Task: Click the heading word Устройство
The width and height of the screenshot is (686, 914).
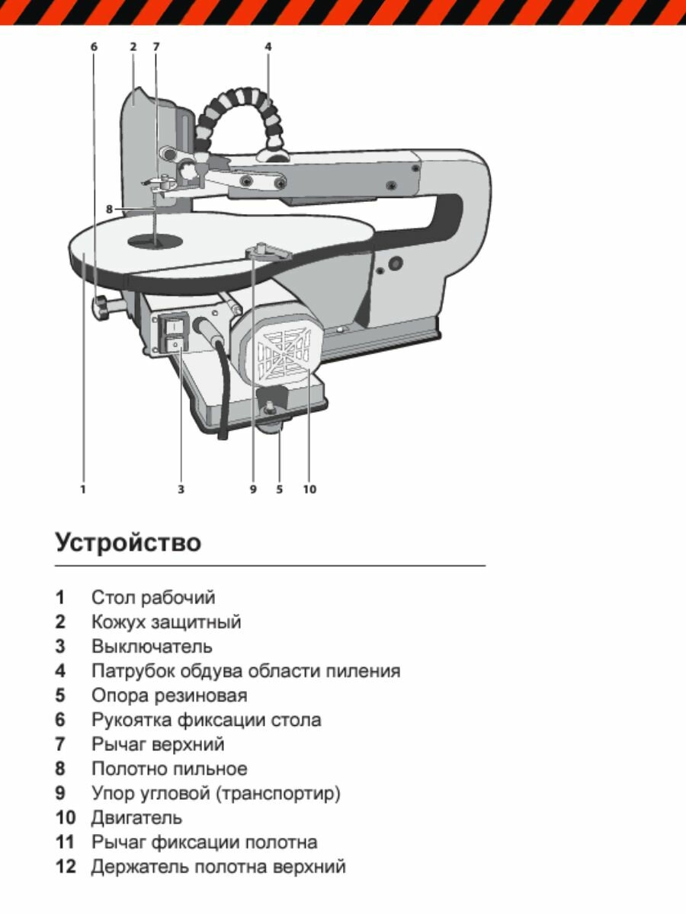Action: tap(128, 543)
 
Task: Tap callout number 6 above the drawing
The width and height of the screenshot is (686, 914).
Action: tap(94, 46)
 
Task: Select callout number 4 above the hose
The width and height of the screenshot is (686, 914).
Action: tap(268, 46)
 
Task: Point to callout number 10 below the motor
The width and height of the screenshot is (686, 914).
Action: tap(309, 489)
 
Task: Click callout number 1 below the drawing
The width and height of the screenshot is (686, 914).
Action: tap(83, 489)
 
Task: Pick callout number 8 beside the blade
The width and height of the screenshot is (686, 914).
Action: tap(110, 209)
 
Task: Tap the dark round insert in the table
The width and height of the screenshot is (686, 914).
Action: tap(155, 241)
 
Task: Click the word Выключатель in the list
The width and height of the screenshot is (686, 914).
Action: tap(152, 647)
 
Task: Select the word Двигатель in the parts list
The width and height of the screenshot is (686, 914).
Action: tap(136, 818)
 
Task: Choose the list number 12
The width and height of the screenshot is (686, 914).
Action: tap(66, 867)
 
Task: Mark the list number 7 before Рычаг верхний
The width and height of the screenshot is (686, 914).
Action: tap(60, 744)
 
